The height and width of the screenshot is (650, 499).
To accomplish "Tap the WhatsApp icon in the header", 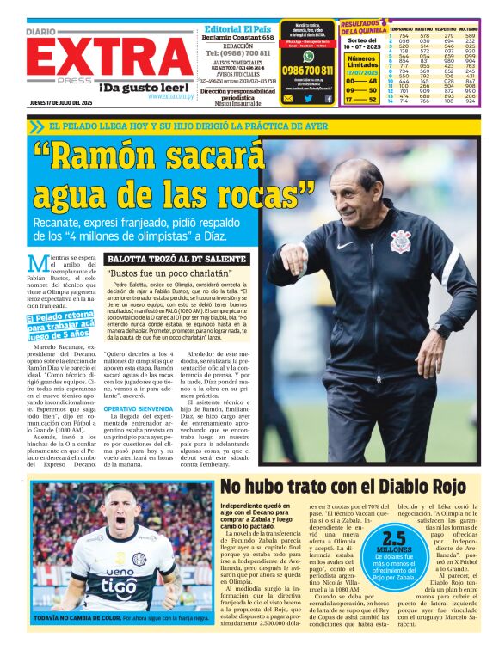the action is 308,56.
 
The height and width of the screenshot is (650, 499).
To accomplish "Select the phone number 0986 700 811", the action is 308,71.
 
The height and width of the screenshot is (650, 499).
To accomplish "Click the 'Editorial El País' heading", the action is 237,28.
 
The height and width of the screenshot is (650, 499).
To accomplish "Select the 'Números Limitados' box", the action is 361,62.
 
